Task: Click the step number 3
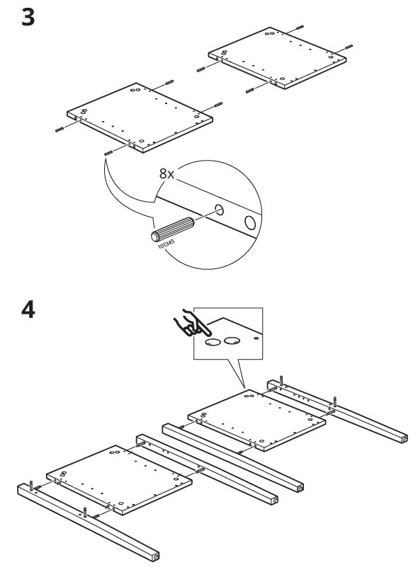coord(28,18)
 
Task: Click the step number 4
coord(28,310)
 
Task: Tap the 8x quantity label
coord(166,173)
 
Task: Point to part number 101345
coord(166,244)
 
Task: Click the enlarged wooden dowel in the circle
coord(173,229)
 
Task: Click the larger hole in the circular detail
coord(250,222)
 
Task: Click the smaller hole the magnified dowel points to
coord(220,210)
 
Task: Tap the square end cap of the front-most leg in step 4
coord(155,556)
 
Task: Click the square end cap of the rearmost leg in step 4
coord(403,439)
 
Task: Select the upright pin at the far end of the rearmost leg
coord(281,380)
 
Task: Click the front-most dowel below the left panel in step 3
coord(108,153)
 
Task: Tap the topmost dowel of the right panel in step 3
coord(300,27)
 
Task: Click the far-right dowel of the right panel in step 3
coord(349,47)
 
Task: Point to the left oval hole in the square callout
coord(213,342)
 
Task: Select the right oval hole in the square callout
coord(232,341)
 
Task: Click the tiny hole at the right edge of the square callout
coord(256,337)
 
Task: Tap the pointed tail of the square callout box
coord(244,388)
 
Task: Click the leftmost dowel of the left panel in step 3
coord(60,130)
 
